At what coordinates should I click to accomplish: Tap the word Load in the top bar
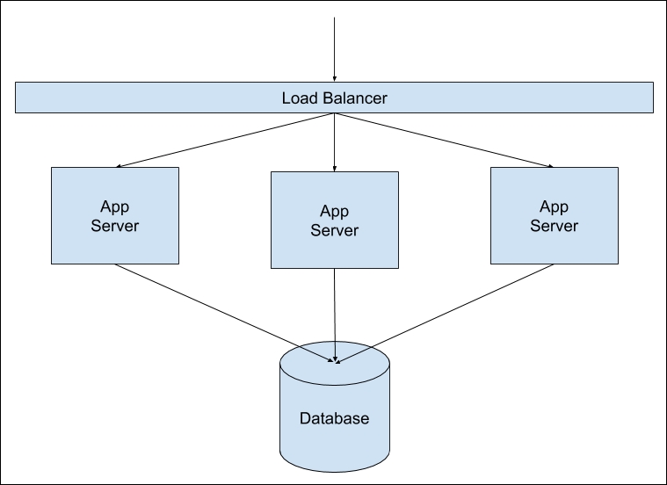coord(297,98)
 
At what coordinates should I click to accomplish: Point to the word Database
coord(334,418)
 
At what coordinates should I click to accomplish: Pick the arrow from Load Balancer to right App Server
coord(444,140)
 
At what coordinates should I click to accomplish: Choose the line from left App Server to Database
coord(224,312)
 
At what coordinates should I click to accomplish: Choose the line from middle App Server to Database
coord(334,312)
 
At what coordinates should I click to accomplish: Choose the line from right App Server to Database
coord(446,312)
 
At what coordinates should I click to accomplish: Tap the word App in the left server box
coord(114,206)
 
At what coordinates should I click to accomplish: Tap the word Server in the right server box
coord(554,226)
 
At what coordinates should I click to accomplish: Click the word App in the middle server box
coord(334,211)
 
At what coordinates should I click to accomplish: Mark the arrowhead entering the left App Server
coord(120,165)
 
